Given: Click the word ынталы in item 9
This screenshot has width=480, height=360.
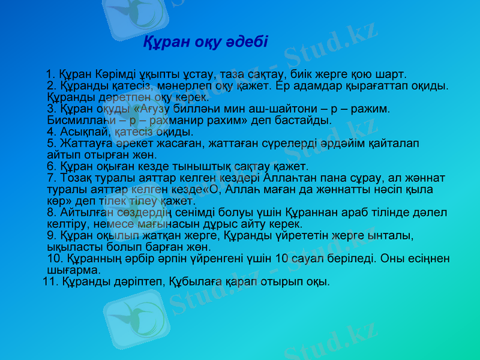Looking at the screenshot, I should tap(391, 235).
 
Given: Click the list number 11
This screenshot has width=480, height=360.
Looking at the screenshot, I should tap(49, 281).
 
